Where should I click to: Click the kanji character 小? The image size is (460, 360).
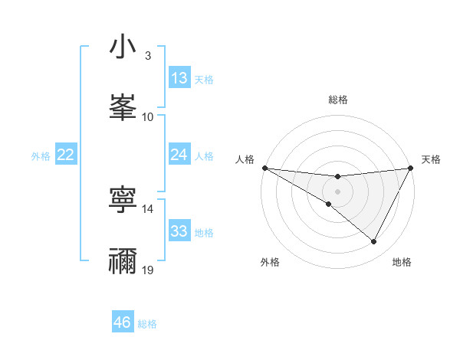pos(123,47)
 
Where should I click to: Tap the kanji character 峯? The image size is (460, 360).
pos(123,106)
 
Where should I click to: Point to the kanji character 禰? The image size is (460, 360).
pos(123,260)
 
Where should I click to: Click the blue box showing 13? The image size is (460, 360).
pos(179,78)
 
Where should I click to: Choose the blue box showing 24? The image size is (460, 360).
pos(179,155)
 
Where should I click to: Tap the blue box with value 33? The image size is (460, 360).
pos(179,231)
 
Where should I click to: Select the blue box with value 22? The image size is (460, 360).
pos(66,155)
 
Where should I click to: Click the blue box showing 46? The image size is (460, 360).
pos(123,322)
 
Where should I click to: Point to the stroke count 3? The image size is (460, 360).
pos(148,56)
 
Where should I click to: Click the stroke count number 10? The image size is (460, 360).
pos(148,116)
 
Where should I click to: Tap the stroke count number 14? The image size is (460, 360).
pos(148,208)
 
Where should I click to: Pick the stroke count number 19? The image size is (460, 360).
pos(148,270)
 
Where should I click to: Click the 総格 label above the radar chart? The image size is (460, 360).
pos(338,100)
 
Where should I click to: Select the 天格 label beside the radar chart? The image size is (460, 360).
pos(432,159)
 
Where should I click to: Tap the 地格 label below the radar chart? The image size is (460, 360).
pos(402,262)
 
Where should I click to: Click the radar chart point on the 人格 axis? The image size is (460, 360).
pos(264,167)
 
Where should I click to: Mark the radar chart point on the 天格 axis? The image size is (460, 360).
pos(411,167)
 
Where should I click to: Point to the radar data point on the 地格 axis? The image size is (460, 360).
pos(374,242)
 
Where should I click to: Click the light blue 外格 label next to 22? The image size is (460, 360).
pos(41,155)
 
